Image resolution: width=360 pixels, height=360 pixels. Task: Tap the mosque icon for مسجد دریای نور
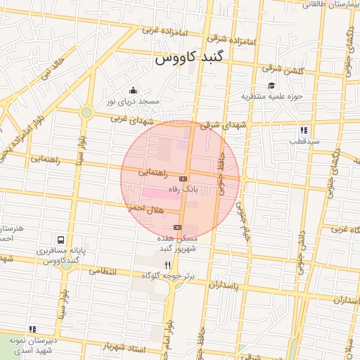point(134,90)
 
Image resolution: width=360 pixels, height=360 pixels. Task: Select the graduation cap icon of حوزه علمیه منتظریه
point(271,85)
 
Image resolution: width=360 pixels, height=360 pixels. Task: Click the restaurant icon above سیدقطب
point(304,130)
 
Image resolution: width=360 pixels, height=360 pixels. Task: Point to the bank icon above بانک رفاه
point(183,179)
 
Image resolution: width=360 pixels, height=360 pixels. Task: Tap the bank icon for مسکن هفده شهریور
point(177,227)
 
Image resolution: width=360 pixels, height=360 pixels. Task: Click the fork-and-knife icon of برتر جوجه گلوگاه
point(167,265)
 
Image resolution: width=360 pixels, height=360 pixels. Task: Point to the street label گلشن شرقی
point(281,68)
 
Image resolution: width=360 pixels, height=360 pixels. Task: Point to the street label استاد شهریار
point(124,347)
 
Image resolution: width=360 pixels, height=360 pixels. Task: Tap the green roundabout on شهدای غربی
point(86,112)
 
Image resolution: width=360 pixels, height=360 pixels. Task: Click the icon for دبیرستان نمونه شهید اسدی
point(32,329)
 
